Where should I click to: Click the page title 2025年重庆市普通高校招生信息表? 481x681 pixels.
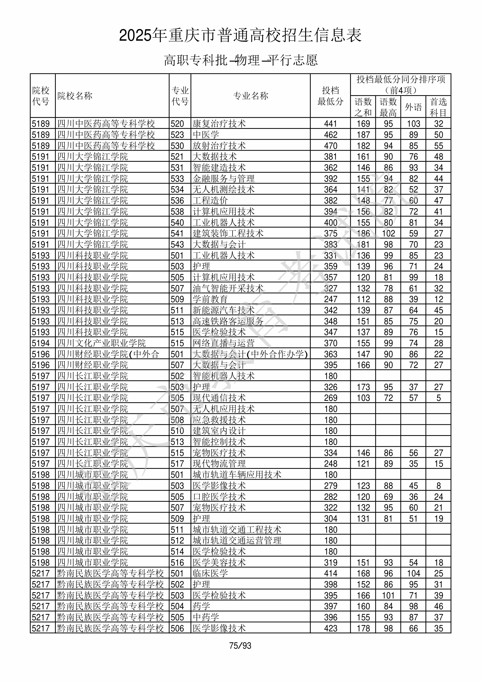(240, 36)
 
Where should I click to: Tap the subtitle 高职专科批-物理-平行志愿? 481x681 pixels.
(240, 60)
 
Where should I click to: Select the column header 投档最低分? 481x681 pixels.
(330, 96)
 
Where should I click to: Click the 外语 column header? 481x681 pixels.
(413, 107)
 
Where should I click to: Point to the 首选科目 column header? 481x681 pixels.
(438, 107)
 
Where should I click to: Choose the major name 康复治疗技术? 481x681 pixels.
(219, 124)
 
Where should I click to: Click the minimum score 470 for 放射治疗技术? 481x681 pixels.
(330, 146)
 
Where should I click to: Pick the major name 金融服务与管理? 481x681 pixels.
(224, 178)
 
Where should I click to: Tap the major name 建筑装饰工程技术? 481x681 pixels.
(228, 233)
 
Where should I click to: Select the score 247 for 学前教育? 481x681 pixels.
(330, 299)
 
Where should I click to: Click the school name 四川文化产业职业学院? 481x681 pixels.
(101, 343)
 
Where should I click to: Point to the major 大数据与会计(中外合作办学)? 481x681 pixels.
(250, 354)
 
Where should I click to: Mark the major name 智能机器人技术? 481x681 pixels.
(224, 376)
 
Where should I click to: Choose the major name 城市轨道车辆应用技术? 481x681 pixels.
(237, 475)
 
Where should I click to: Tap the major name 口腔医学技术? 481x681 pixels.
(219, 497)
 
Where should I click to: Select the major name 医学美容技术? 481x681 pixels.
(219, 563)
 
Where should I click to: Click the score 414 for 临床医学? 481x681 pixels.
(330, 574)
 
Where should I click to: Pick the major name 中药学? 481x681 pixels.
(206, 618)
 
